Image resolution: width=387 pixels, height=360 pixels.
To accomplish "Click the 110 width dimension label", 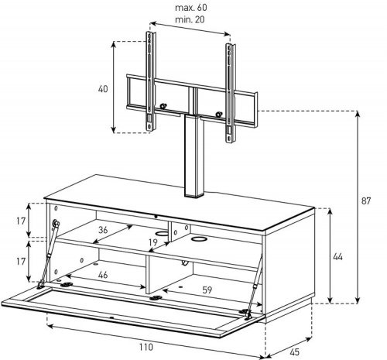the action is pyautogui.click(x=146, y=347).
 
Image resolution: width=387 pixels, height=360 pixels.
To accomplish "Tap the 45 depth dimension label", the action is pyautogui.click(x=294, y=351).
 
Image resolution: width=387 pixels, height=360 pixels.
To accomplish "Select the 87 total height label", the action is pyautogui.click(x=366, y=201).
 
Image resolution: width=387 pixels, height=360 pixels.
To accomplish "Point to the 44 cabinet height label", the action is pyautogui.click(x=337, y=257).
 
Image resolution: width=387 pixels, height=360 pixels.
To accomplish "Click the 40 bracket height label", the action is pyautogui.click(x=103, y=89).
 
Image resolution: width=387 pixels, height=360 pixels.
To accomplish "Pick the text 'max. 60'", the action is pyautogui.click(x=191, y=8).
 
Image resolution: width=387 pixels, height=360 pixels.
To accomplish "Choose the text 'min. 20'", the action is pyautogui.click(x=190, y=19).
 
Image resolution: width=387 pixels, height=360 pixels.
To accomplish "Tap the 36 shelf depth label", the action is pyautogui.click(x=103, y=230).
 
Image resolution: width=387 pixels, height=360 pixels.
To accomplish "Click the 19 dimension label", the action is pyautogui.click(x=153, y=242).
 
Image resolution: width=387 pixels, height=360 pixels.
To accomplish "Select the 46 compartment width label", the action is pyautogui.click(x=103, y=275).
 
